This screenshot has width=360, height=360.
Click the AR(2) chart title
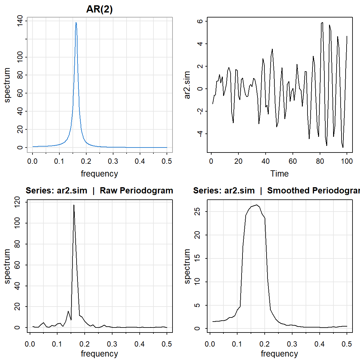[99, 9]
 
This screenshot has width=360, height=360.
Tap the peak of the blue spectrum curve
[76, 22]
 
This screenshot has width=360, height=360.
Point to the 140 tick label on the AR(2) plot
[20, 21]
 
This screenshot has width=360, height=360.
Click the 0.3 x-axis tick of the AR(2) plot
[113, 161]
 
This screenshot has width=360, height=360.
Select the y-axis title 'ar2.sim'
[187, 85]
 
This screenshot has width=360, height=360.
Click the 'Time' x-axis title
[279, 174]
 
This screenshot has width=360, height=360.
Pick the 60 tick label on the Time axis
[292, 161]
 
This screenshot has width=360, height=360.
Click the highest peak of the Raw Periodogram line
[74, 205]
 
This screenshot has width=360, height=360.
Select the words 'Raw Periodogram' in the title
[136, 191]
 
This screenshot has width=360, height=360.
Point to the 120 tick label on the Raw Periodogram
[17, 202]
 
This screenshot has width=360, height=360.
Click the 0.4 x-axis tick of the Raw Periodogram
[139, 344]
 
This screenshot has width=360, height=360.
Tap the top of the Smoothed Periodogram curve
[257, 205]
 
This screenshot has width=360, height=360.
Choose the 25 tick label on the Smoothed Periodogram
[197, 212]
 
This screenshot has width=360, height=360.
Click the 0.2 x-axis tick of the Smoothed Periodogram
[264, 344]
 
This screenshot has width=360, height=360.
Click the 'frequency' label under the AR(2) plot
[99, 174]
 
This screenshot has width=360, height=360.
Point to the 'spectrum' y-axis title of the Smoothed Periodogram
[187, 266]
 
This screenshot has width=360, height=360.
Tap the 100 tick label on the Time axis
[347, 161]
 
